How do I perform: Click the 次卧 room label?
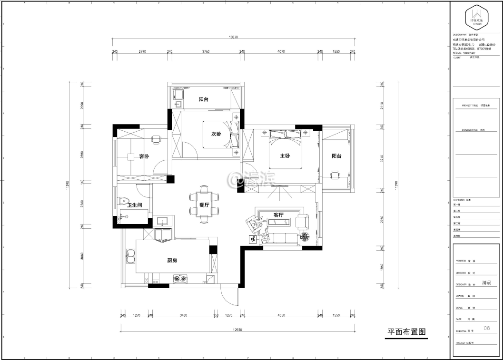coord(216,134)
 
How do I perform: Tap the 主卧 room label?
coord(285,156)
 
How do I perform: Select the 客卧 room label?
coord(144,156)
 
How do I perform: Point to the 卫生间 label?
coord(135,205)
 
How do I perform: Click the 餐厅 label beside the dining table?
coord(205,205)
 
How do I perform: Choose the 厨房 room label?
coord(172,260)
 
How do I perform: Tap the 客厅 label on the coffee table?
coord(278,215)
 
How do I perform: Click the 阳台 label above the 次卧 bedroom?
coord(203,99)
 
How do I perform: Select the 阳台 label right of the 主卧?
coord(336,156)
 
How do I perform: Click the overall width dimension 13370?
coord(233,37)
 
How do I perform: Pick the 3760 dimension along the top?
coord(205,51)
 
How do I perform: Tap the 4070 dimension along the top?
coord(281,51)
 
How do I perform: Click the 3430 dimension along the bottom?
coord(183,315)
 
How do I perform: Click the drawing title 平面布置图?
coord(406,332)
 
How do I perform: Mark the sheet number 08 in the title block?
coord(486,328)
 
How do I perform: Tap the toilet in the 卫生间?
coord(122,202)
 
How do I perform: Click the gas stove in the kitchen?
coord(180,278)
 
